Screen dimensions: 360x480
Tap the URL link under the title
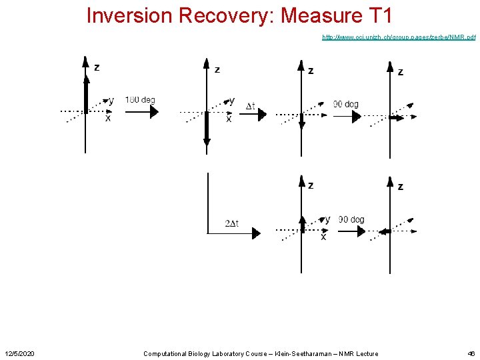398,37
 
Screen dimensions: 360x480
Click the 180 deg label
140,100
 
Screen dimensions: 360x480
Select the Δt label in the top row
251,106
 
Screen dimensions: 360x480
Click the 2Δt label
232,223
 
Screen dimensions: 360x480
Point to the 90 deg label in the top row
346,104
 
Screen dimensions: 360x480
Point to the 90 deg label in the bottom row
351,219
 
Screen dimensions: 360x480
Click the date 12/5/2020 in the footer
20,353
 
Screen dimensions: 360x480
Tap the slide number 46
471,353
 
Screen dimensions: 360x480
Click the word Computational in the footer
167,353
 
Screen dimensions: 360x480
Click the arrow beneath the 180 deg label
142,112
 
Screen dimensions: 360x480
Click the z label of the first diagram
97,67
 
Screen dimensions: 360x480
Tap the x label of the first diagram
108,118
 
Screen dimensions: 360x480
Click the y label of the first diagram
111,101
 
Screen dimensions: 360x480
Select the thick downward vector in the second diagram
207,129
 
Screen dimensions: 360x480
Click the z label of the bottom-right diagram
400,187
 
